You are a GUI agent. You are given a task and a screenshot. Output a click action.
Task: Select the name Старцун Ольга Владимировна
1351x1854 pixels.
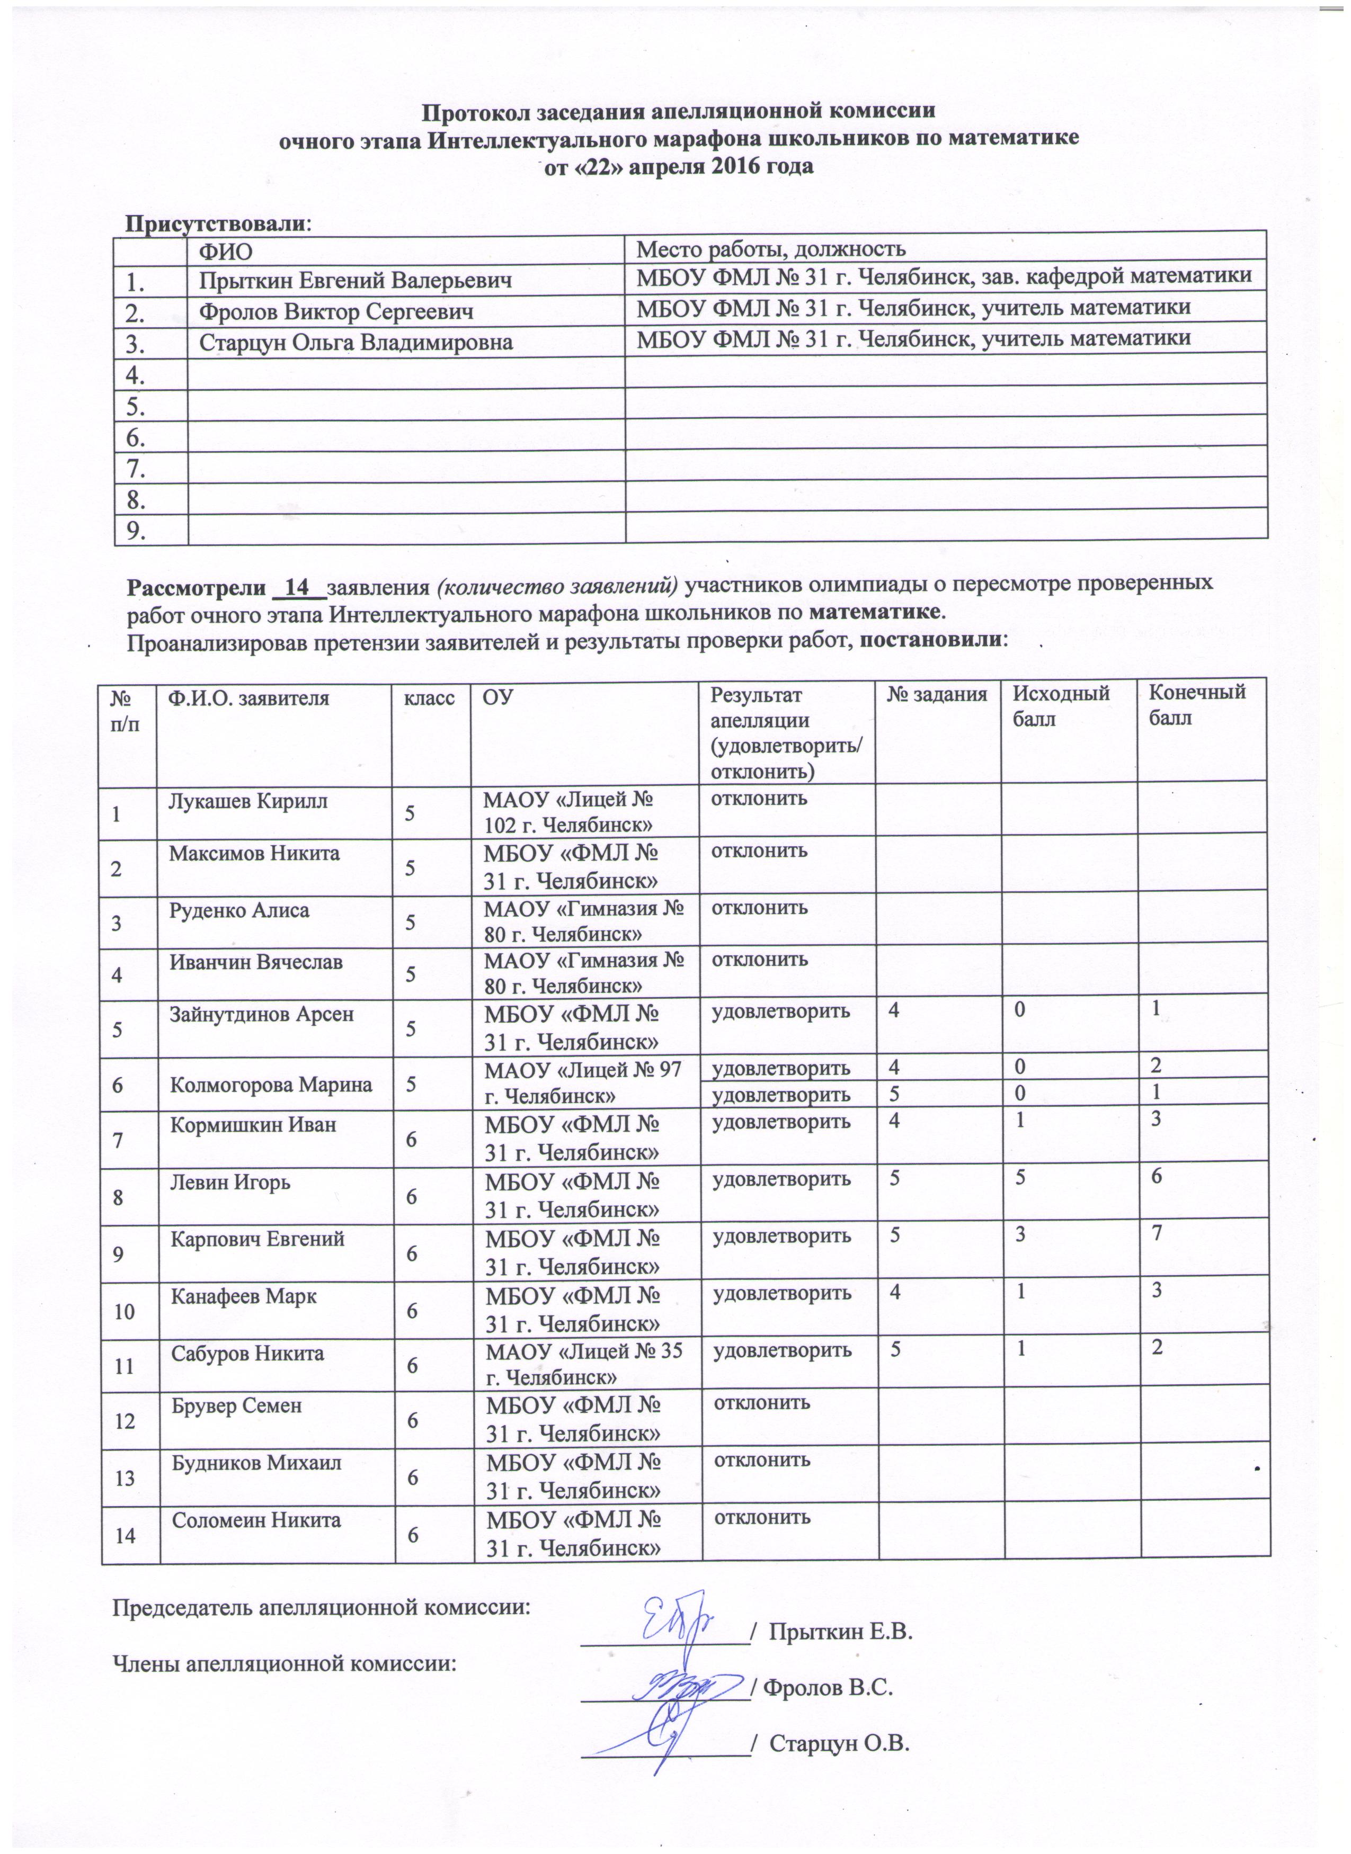tap(355, 343)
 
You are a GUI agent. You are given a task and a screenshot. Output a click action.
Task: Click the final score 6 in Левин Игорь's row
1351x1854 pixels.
tap(1157, 1177)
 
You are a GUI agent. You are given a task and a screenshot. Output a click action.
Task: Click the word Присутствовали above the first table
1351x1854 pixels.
tap(215, 223)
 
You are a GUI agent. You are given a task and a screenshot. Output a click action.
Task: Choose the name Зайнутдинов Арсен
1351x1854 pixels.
tap(262, 1015)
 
